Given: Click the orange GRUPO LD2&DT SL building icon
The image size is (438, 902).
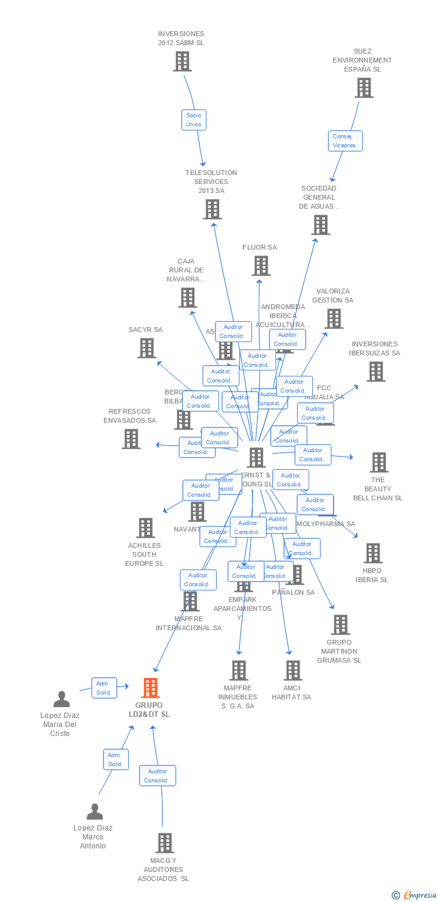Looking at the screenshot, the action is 150,687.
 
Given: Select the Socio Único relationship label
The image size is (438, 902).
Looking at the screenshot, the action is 194,120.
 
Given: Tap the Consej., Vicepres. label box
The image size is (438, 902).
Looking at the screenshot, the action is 345,141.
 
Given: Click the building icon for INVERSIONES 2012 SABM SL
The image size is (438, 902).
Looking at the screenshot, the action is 182,61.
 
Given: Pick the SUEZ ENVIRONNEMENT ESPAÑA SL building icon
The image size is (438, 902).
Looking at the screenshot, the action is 363,88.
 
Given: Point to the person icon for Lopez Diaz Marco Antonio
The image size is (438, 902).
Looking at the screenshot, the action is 94,812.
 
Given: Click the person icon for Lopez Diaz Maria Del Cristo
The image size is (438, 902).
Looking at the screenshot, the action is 61,699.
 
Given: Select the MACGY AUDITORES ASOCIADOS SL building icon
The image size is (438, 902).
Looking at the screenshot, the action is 164,843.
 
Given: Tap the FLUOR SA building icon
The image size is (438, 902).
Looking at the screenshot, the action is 261,266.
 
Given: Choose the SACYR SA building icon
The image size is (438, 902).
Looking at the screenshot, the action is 146,348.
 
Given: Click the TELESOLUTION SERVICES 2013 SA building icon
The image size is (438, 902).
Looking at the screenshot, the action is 212,209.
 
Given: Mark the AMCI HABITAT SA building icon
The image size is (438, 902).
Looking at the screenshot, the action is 292,670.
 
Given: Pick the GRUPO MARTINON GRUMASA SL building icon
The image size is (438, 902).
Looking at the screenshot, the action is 340,625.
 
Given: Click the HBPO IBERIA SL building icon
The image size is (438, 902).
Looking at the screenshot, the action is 372,553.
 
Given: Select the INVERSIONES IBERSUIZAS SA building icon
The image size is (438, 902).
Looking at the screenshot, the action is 375,372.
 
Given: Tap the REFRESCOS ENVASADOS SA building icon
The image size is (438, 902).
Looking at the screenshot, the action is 131,439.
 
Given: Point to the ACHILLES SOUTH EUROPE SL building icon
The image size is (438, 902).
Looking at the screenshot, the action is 145,528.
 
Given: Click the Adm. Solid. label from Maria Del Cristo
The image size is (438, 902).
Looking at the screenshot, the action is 103,688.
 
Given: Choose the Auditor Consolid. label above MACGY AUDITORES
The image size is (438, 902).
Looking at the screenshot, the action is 158,776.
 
